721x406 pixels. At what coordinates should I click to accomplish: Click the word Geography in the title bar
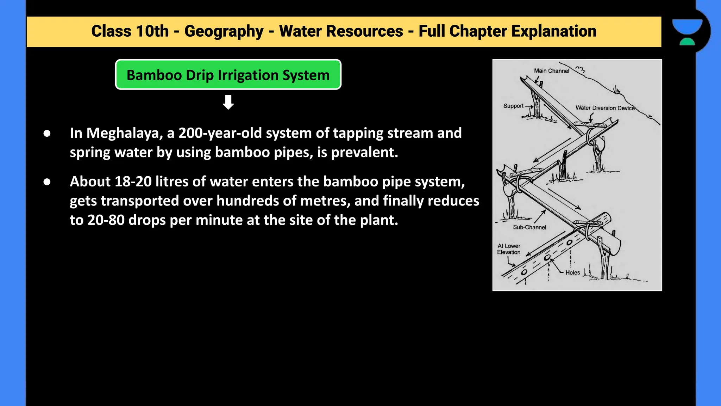point(224,31)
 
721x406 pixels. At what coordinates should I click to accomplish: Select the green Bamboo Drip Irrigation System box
point(228,75)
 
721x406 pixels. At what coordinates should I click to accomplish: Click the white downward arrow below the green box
point(228,102)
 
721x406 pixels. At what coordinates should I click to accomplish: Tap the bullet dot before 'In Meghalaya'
point(47,134)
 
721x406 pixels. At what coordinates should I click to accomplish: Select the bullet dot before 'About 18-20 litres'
point(47,182)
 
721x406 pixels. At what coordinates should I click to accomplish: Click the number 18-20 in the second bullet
point(133,182)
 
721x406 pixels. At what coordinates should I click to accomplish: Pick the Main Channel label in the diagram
point(551,71)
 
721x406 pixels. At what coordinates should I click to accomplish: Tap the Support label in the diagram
point(513,106)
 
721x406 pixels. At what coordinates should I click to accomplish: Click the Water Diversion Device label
point(605,108)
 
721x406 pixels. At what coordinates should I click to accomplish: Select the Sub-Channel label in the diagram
point(529,227)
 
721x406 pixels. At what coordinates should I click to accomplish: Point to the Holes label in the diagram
point(572,272)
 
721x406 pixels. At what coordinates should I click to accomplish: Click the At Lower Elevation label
point(509,249)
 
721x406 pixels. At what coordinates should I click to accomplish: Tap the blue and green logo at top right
point(687,32)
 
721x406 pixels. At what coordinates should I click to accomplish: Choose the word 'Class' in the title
point(111,31)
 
